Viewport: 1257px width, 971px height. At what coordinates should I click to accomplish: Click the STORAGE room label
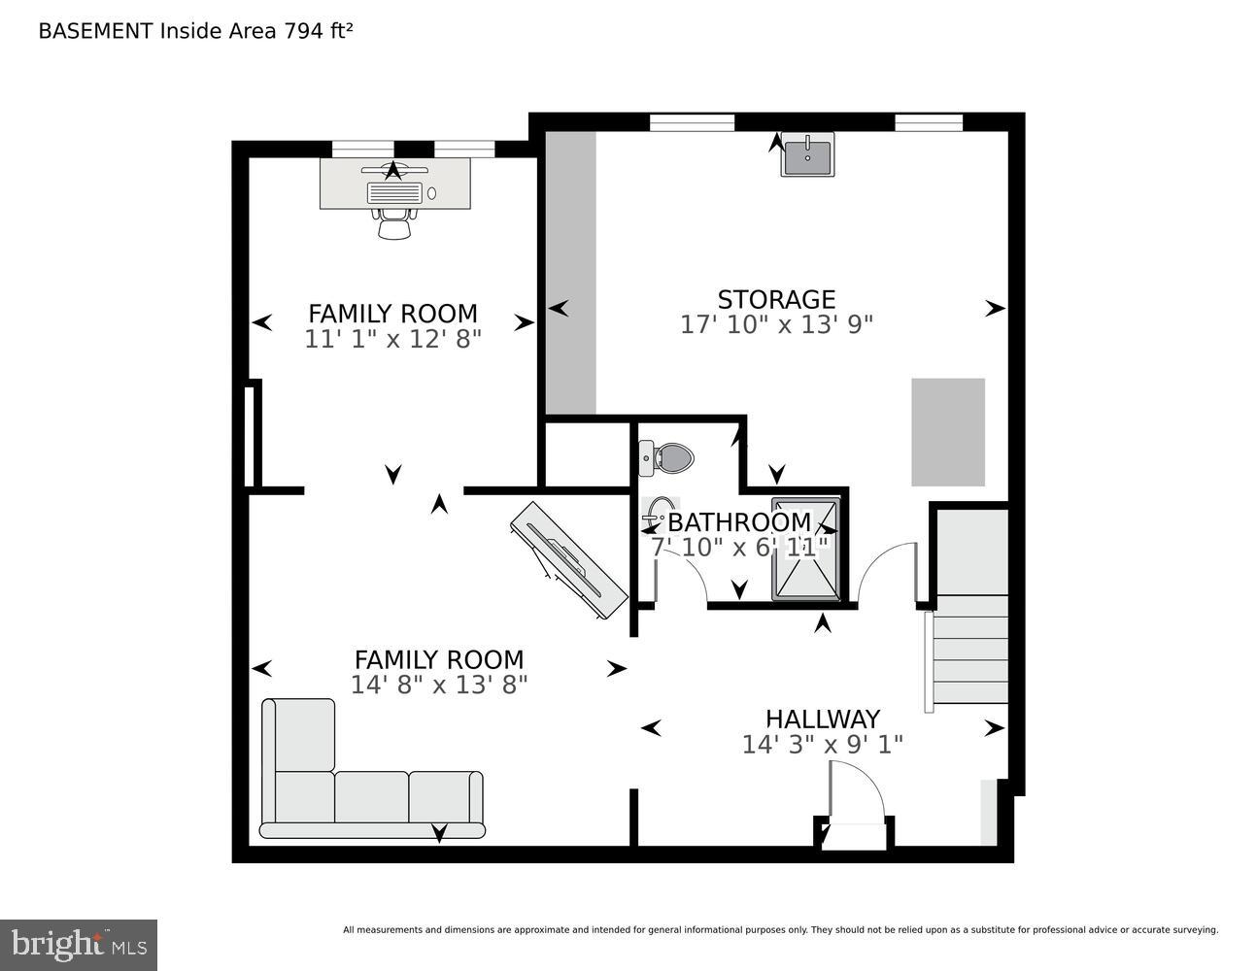775,299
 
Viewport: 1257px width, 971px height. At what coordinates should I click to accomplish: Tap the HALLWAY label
822,719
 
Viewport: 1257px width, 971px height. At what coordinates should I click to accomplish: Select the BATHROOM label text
738,522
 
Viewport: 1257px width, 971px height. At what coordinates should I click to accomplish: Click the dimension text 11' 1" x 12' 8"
392,339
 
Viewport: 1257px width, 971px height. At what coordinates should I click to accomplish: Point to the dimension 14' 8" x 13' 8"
438,685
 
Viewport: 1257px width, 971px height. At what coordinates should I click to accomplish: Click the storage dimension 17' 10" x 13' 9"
776,324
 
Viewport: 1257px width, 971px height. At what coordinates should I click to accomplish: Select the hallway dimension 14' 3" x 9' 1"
822,744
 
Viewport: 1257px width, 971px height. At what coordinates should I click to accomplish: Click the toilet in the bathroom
667,456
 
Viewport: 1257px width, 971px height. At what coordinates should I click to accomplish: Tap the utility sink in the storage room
807,155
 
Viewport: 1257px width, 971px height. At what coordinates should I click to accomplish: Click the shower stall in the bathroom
805,549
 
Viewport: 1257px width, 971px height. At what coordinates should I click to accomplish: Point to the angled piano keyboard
568,560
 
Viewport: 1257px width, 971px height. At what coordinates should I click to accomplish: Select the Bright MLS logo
79,944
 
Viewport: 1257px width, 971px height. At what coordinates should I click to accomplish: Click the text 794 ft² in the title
318,30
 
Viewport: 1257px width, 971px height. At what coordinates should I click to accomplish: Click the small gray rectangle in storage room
947,432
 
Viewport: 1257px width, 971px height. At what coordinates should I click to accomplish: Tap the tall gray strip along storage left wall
570,273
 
